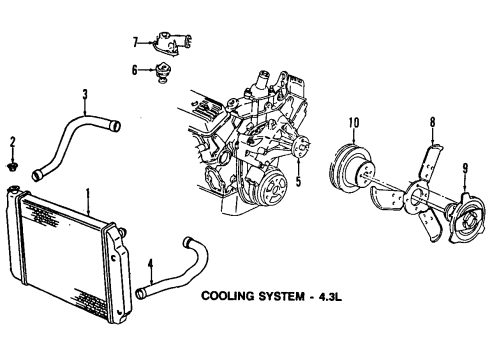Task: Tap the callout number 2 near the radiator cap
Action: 12,141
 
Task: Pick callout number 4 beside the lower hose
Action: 151,266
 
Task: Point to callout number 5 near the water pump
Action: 297,181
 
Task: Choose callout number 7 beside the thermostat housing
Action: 134,41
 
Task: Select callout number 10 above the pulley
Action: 353,123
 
